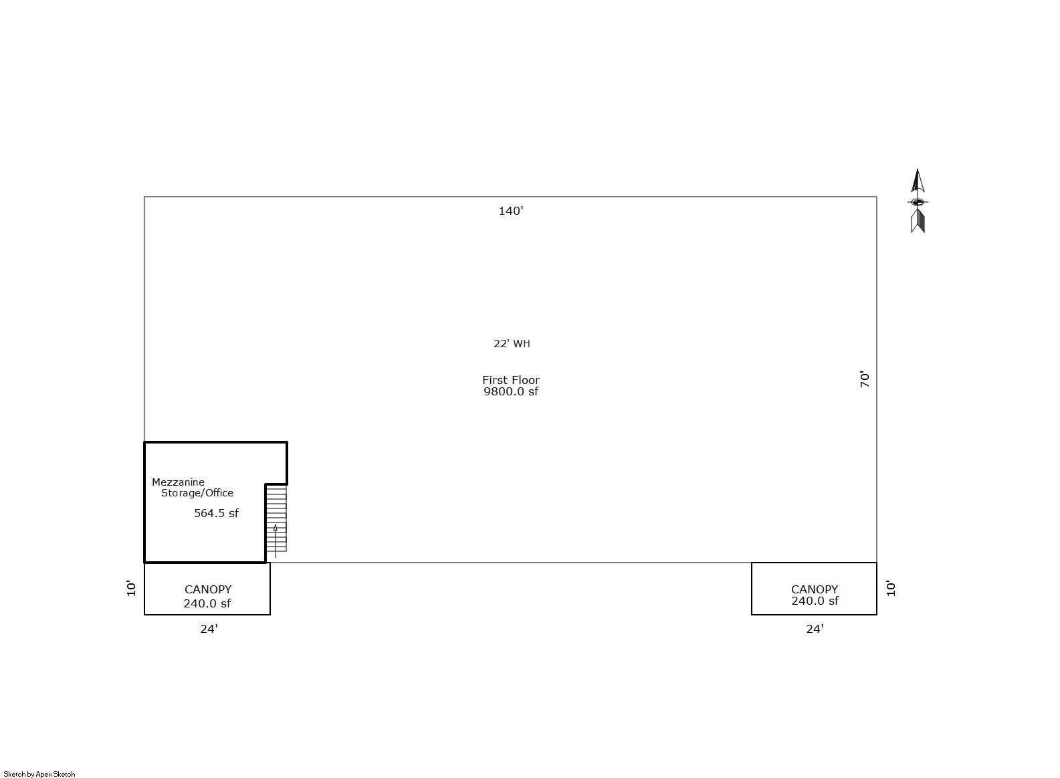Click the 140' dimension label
[510, 211]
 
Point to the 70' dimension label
[865, 379]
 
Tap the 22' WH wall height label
[512, 344]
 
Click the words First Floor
[510, 380]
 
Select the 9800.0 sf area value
[510, 391]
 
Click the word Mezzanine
[178, 482]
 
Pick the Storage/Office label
[197, 493]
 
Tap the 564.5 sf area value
[216, 514]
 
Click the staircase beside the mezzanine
[276, 518]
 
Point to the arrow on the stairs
[276, 541]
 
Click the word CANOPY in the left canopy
[208, 589]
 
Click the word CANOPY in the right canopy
[815, 589]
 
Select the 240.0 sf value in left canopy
[207, 603]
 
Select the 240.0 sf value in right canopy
[815, 601]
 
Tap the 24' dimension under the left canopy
[209, 629]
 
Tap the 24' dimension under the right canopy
[815, 629]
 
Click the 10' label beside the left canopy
[131, 588]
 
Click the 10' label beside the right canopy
[891, 588]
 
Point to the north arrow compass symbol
[918, 201]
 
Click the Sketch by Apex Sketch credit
[39, 774]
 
